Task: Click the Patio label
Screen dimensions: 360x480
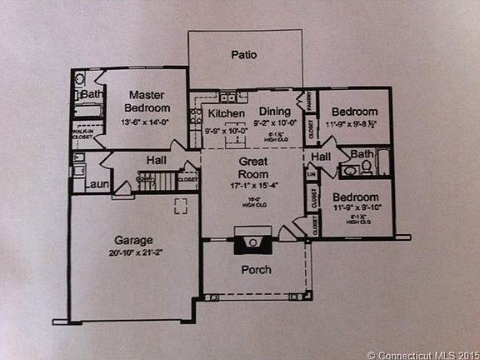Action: pyautogui.click(x=243, y=55)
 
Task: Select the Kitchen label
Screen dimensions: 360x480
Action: pyautogui.click(x=226, y=113)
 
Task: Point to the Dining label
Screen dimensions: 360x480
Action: pyautogui.click(x=274, y=113)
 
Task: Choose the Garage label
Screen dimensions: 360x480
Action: pyautogui.click(x=132, y=238)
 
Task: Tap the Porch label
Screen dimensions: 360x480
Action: pyautogui.click(x=257, y=270)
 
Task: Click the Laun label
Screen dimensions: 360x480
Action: pyautogui.click(x=97, y=184)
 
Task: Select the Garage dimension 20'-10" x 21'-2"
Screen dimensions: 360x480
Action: pyautogui.click(x=133, y=252)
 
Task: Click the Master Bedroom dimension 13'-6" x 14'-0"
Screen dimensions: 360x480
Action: pyautogui.click(x=146, y=122)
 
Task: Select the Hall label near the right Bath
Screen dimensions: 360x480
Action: pyautogui.click(x=321, y=156)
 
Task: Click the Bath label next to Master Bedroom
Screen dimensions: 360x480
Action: pyautogui.click(x=92, y=95)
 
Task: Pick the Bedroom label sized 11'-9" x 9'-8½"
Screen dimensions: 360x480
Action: pyautogui.click(x=355, y=112)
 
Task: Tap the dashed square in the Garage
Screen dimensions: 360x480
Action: pyautogui.click(x=181, y=206)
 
